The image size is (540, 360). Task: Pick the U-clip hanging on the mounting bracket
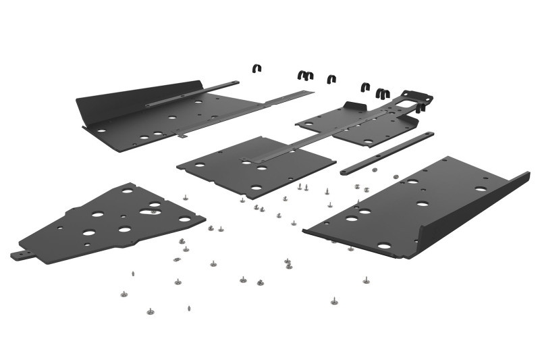click(x=421, y=107)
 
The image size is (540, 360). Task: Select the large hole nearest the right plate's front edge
click(x=384, y=246)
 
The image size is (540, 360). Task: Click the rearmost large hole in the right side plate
click(x=480, y=188)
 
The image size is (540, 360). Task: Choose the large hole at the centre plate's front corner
click(x=256, y=187)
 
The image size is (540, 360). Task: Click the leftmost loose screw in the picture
click(x=124, y=294)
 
